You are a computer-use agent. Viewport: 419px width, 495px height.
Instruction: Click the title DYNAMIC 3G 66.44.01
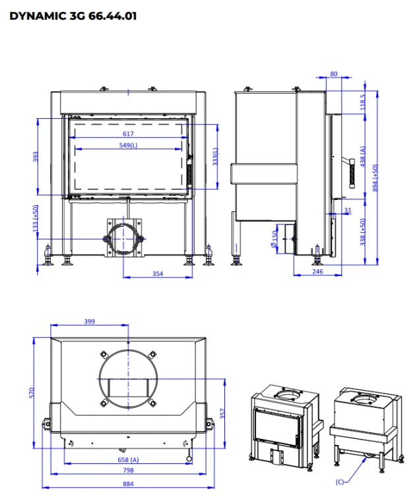(73, 16)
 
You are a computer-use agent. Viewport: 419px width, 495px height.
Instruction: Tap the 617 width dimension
(128, 134)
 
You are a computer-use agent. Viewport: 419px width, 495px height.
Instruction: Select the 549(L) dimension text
(128, 145)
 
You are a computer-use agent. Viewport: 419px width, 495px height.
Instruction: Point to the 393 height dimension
(36, 156)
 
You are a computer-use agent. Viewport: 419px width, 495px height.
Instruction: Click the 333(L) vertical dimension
(215, 156)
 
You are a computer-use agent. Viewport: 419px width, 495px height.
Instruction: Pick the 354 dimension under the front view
(158, 274)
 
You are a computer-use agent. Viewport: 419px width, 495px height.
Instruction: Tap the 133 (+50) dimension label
(36, 218)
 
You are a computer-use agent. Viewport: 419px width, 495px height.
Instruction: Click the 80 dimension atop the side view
(334, 74)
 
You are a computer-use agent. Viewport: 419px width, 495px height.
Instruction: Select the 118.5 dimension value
(362, 102)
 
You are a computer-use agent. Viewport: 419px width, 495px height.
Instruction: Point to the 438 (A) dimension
(362, 156)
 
